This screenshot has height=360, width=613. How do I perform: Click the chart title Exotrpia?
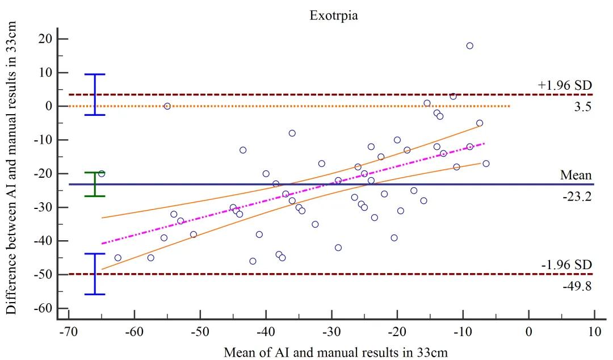333,16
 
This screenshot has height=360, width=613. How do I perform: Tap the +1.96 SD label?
565,85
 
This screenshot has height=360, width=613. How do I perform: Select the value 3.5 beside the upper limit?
583,106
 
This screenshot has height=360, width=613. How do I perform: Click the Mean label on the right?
576,175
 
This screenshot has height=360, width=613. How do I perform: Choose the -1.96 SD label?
566,265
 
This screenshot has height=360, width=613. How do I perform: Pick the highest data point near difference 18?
469,45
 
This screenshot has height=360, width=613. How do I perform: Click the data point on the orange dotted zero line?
167,106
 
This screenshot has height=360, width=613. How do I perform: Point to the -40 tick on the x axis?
266,330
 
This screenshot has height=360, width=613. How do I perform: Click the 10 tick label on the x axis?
594,330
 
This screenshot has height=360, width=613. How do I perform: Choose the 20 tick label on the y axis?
45,39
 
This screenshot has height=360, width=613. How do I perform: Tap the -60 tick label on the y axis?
43,308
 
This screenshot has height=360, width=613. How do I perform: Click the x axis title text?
335,352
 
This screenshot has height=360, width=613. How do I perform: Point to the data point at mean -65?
102,173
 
